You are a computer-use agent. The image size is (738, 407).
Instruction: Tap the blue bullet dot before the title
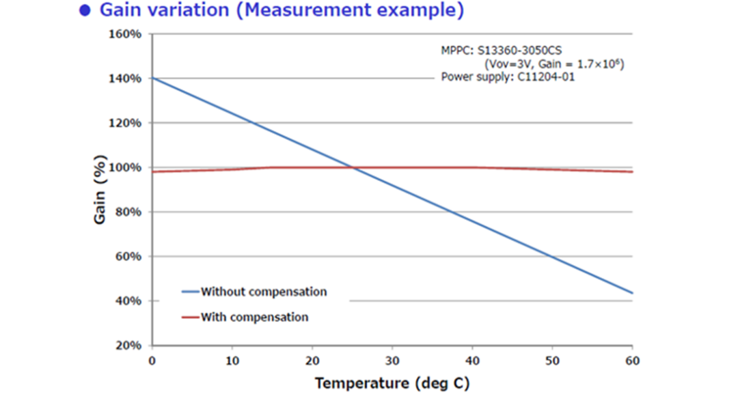(x=85, y=11)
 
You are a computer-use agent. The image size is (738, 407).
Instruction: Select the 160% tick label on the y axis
(x=125, y=34)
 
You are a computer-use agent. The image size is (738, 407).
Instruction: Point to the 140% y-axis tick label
(x=125, y=79)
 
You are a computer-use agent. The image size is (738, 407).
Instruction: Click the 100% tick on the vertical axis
(x=125, y=167)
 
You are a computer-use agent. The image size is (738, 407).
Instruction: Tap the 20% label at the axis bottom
(x=128, y=346)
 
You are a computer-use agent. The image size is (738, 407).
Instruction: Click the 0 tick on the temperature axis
(x=152, y=360)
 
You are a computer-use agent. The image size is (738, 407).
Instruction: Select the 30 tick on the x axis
(x=392, y=360)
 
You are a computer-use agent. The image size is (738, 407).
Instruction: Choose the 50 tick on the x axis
(x=552, y=360)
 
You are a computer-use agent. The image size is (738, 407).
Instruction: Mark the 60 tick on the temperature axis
(x=632, y=360)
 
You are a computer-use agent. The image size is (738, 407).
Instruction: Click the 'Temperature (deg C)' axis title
(x=392, y=383)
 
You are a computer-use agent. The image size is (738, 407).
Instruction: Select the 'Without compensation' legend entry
(x=263, y=292)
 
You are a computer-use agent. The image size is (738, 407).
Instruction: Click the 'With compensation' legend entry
(x=254, y=317)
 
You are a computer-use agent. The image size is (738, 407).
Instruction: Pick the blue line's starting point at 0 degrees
(x=152, y=79)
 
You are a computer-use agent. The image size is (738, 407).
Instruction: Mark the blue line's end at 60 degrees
(x=632, y=293)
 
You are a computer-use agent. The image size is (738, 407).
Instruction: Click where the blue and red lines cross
(x=352, y=167)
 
